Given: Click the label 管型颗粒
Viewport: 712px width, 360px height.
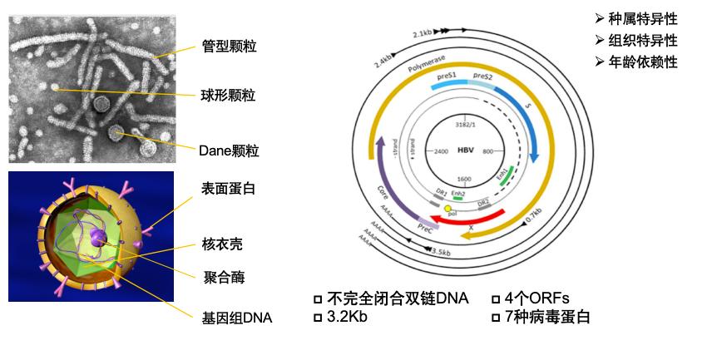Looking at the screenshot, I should (229, 47).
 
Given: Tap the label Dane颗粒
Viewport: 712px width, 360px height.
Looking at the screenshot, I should (229, 150).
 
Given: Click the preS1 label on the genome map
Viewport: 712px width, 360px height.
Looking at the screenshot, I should (447, 77).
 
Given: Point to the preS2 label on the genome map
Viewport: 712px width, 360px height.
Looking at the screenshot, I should (483, 77).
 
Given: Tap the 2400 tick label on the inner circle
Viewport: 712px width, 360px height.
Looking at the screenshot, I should (443, 152).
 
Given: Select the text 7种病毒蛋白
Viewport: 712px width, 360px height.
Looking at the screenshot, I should (547, 317).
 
